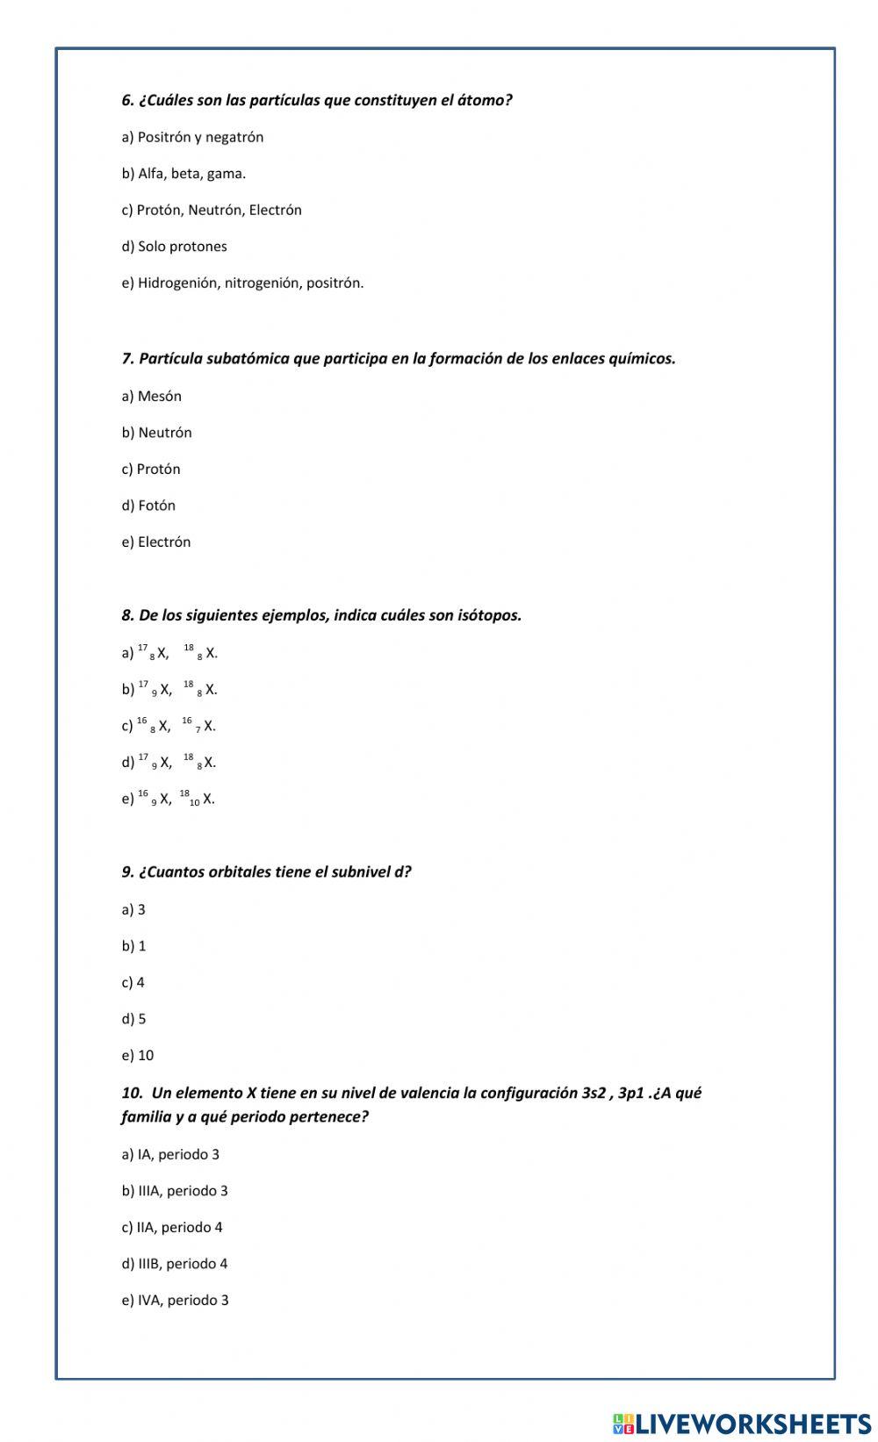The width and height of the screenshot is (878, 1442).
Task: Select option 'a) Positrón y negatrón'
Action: click(192, 137)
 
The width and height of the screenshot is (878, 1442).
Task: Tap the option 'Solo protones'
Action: click(174, 247)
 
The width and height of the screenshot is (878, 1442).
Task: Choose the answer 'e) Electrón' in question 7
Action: click(156, 542)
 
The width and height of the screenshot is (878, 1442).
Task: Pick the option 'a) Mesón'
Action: click(152, 397)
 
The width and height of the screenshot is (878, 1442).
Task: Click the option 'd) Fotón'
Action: click(148, 506)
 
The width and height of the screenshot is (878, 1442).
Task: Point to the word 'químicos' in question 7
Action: click(641, 359)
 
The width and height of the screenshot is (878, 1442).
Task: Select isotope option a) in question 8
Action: click(169, 653)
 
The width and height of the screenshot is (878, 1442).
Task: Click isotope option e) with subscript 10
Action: click(168, 799)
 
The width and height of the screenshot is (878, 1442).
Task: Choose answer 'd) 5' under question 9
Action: click(134, 1019)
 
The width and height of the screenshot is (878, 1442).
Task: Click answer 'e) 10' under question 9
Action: click(138, 1056)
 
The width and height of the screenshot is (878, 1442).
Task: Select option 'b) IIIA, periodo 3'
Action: click(175, 1191)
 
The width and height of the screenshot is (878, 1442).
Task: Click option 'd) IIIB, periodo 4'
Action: click(175, 1264)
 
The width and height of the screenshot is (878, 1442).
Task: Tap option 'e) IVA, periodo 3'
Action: click(175, 1301)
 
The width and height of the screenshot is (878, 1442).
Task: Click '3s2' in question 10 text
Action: click(594, 1094)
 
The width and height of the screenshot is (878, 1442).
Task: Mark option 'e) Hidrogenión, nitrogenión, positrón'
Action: click(242, 283)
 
